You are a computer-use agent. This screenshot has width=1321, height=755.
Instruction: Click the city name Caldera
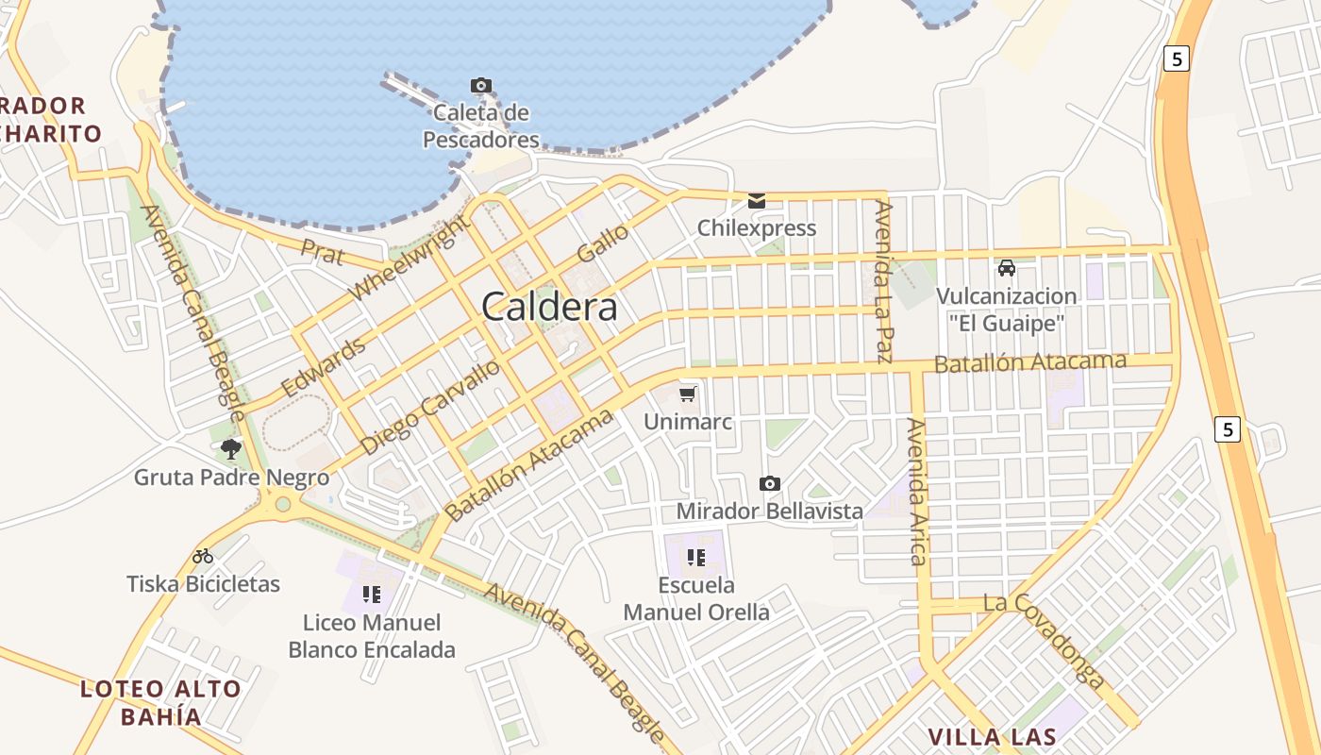point(550,307)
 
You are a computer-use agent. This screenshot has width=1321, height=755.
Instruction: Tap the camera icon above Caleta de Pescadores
point(481,86)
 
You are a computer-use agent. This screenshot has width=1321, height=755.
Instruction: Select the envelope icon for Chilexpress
point(757,200)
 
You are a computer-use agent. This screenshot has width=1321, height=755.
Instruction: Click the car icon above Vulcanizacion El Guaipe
point(1007,267)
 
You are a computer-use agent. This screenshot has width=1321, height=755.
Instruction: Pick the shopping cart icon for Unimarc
point(688,393)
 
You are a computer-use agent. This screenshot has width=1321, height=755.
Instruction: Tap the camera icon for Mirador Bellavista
point(770,484)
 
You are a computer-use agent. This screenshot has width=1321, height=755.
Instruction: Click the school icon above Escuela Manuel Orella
point(696,557)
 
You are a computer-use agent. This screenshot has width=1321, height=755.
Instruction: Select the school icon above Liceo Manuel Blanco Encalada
point(371,595)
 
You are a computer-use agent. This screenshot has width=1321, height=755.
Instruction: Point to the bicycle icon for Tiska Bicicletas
point(203,556)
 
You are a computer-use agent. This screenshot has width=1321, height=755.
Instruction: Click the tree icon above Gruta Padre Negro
point(230,449)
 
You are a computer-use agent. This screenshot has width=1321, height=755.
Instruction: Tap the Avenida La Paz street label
point(883,281)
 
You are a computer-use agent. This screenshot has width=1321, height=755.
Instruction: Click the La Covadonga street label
point(1044,640)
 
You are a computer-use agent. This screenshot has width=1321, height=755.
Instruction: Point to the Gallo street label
point(602,243)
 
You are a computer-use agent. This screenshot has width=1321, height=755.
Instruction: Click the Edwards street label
point(323,367)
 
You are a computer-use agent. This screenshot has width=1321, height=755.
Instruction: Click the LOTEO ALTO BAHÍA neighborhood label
point(160,702)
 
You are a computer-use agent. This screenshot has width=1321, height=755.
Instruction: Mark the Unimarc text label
point(688,422)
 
